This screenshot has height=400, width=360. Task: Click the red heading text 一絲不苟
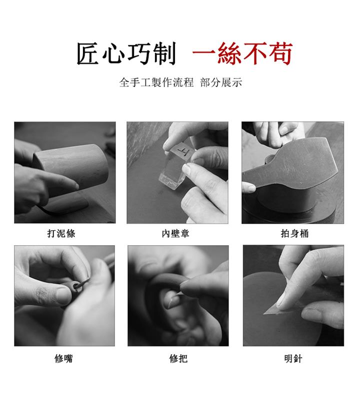[242, 53]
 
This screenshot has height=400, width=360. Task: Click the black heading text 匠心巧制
[126, 53]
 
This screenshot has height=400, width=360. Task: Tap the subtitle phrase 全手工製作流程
[156, 82]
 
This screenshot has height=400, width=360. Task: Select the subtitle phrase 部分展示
[221, 82]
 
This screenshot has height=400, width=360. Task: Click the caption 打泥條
[61, 233]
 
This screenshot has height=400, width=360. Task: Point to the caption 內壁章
[175, 233]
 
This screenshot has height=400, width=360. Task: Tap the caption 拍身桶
[294, 233]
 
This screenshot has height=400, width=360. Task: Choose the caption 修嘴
[63, 359]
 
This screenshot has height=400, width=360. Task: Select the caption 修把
[178, 359]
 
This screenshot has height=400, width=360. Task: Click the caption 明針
[293, 359]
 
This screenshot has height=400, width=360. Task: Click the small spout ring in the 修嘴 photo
[77, 286]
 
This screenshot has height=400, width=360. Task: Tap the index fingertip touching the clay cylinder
[74, 185]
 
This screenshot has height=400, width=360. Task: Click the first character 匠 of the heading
[88, 53]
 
